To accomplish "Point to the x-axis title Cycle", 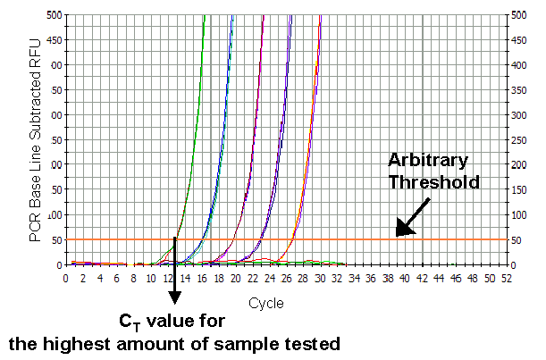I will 266,303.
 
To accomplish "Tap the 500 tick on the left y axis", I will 54,15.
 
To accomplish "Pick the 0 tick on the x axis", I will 65,279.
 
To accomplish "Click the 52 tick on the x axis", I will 507,279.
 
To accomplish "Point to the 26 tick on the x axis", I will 286,279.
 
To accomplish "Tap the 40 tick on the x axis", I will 405,279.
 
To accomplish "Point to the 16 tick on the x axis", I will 201,279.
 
